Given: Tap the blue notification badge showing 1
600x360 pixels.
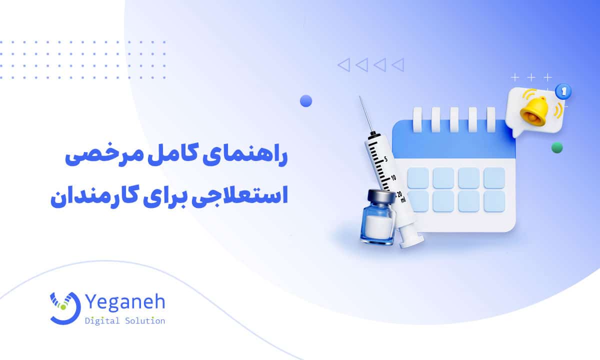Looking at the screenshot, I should [x=564, y=91].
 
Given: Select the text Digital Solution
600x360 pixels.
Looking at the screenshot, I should [x=125, y=321].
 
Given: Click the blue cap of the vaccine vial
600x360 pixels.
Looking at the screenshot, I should [x=378, y=195].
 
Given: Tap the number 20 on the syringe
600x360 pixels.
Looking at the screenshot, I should [x=398, y=194].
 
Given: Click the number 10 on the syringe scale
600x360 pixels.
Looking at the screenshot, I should [x=393, y=177].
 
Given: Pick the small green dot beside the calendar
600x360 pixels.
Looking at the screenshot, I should [x=556, y=147].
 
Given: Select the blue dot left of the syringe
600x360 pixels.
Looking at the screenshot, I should [x=306, y=101].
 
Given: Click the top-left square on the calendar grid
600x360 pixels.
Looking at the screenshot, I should [x=418, y=177].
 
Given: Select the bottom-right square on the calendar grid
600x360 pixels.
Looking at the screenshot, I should [x=494, y=200].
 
